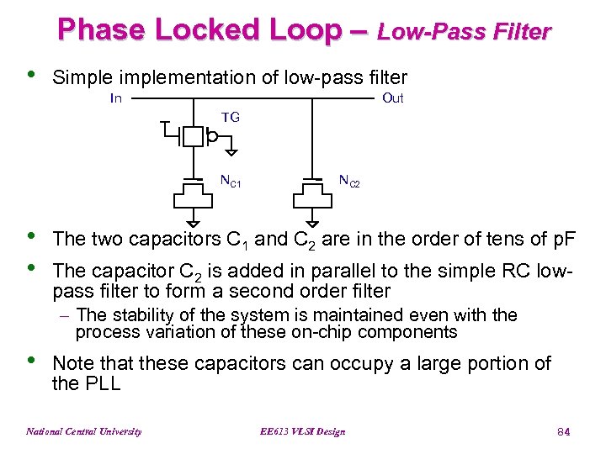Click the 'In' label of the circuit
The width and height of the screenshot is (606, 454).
tap(117, 98)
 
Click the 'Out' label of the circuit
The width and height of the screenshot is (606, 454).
tap(392, 98)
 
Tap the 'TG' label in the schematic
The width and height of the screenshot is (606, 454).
tap(231, 118)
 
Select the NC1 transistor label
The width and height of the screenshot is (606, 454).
tap(231, 181)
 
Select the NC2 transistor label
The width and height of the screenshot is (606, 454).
tap(349, 180)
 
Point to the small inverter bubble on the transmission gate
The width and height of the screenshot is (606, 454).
tap(213, 136)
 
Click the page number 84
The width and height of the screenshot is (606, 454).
tap(564, 431)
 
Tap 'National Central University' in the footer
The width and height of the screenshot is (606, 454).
tap(84, 431)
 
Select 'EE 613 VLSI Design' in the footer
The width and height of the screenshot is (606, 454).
tap(304, 431)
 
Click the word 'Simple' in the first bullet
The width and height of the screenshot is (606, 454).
tap(82, 77)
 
